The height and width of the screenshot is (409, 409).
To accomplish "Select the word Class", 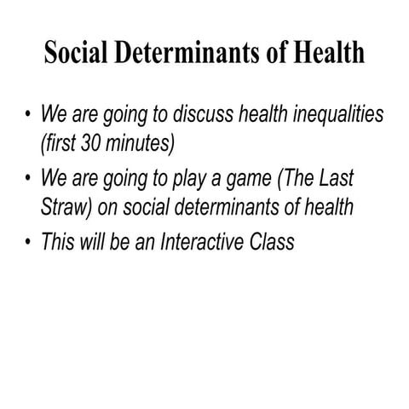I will pyautogui.click(x=272, y=241).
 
